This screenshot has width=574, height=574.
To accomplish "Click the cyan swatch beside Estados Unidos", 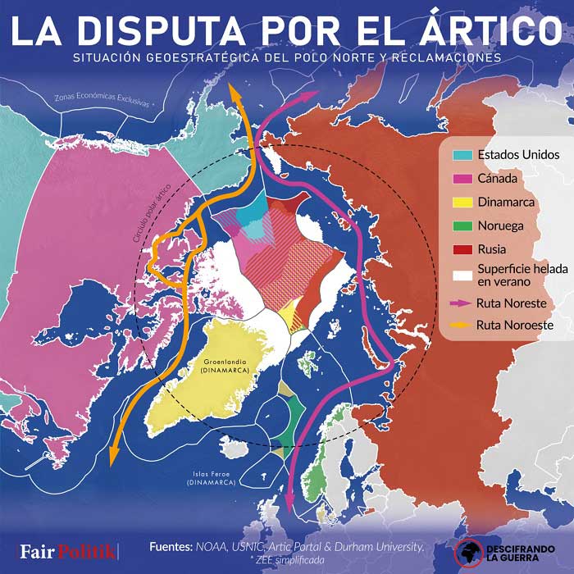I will [x=462, y=154].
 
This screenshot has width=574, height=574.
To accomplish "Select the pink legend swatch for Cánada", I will [x=462, y=178].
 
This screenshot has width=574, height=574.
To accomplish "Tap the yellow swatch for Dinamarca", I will [x=462, y=202].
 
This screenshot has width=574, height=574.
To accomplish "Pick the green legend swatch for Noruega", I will [x=462, y=225].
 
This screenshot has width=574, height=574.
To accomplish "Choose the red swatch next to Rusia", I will [x=462, y=249].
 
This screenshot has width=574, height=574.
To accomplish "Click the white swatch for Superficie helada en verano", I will [x=462, y=273].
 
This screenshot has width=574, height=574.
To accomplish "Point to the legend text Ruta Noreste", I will [x=511, y=303].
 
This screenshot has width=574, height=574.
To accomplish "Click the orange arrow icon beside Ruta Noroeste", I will [x=462, y=326].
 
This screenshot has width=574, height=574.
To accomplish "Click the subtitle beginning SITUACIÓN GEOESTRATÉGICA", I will [x=286, y=58].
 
